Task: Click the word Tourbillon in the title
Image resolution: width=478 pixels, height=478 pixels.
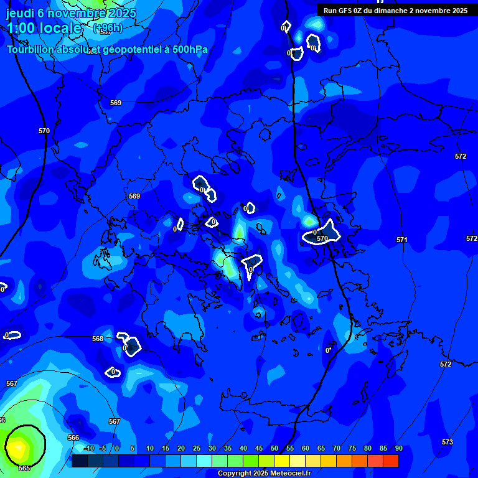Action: [31, 50]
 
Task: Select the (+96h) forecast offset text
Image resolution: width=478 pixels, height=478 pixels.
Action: [108, 28]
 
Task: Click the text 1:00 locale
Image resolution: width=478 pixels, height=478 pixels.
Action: [44, 28]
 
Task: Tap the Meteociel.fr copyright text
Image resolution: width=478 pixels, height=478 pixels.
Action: [264, 474]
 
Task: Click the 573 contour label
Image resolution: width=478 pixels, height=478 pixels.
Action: [448, 442]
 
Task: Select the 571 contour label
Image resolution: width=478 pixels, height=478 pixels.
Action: [402, 240]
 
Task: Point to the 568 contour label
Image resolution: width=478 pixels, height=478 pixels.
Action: [98, 339]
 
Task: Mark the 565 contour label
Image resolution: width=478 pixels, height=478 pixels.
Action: [24, 468]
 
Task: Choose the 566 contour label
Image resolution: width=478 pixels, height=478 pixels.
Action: [73, 438]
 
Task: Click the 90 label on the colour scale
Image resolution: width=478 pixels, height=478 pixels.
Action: [398, 449]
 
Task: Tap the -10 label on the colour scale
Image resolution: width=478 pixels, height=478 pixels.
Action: [88, 449]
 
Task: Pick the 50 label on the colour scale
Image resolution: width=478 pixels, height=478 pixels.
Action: [274, 449]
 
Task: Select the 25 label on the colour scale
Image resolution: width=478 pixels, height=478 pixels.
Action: [197, 449]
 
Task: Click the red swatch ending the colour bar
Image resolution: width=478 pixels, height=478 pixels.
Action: [390, 461]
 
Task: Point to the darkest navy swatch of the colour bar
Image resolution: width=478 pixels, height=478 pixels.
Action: [79, 461]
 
